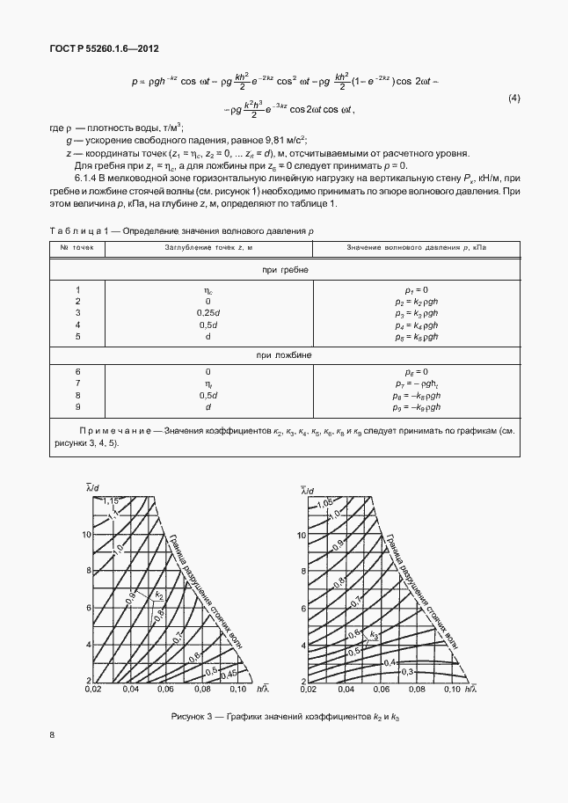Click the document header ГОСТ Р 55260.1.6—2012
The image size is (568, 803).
pyautogui.click(x=104, y=50)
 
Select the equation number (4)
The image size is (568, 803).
pyautogui.click(x=514, y=98)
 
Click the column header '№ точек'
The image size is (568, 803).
pyautogui.click(x=76, y=248)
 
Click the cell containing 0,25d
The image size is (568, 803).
pyautogui.click(x=208, y=313)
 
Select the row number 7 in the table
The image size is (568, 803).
pyautogui.click(x=77, y=383)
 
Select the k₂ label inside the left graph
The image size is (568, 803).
pyautogui.click(x=160, y=596)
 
